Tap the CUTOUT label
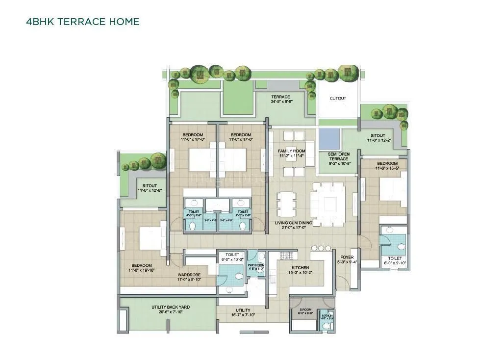click(338, 99)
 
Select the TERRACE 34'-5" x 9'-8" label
click(281, 100)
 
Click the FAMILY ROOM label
click(291, 153)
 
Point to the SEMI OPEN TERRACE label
click(338, 156)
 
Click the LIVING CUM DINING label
click(293, 224)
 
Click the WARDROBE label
click(188, 277)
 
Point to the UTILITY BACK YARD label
click(170, 309)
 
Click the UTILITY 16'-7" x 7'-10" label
click(243, 313)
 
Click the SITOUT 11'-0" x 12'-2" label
click(377, 138)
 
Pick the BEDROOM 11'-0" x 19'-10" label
click(142, 268)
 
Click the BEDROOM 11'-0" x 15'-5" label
click(387, 166)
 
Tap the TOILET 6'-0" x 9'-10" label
click(395, 260)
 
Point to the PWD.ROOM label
click(256, 266)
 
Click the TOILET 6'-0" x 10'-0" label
click(233, 257)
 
